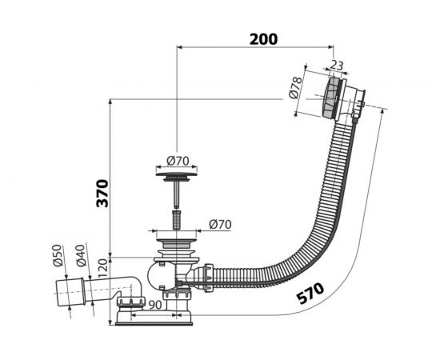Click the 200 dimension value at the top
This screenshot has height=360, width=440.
tap(263, 39)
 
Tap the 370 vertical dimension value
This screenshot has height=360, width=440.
tap(102, 194)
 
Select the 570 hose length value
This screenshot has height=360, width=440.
tap(310, 294)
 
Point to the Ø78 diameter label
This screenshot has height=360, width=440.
tap(295, 87)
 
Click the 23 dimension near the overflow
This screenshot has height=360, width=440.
tap(336, 66)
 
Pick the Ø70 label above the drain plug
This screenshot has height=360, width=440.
tap(178, 161)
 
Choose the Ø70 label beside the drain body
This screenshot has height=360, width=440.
tap(220, 225)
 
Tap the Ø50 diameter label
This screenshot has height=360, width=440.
tap(58, 255)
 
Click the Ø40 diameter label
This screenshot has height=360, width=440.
tap(81, 255)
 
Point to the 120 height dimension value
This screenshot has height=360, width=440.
tap(103, 268)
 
